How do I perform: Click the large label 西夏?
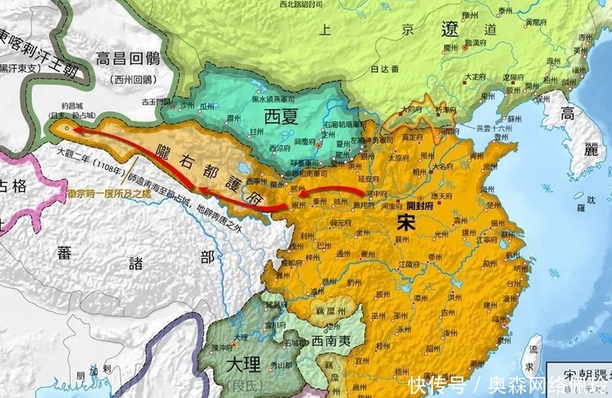[282, 117]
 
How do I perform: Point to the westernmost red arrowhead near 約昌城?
[73, 129]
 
